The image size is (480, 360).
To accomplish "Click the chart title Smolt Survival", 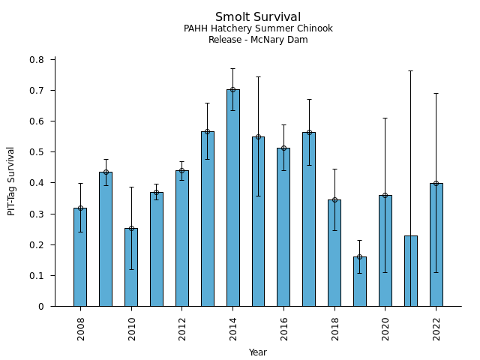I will click(x=258, y=17).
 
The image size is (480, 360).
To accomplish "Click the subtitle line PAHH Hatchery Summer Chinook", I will click(x=258, y=29).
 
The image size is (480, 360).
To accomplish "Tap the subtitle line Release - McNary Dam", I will click(x=258, y=40).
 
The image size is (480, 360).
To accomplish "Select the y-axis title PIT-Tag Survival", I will click(x=11, y=181).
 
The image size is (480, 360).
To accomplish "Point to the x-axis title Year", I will click(x=258, y=352).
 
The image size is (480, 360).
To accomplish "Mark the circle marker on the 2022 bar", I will click(x=436, y=183).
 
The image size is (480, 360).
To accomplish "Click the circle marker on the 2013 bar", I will click(x=207, y=131).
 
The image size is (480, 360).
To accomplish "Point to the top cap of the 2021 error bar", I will click(x=411, y=71).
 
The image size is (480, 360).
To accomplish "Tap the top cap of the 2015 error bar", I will click(x=258, y=76).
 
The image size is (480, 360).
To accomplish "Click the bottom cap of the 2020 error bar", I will click(x=385, y=272).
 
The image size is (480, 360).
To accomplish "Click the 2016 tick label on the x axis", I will click(x=283, y=328).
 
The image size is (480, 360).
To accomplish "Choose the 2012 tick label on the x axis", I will click(x=182, y=328).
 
